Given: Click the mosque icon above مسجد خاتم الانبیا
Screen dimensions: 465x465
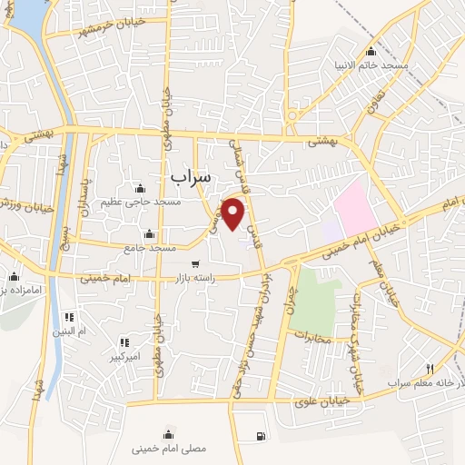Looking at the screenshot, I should [x=371, y=51].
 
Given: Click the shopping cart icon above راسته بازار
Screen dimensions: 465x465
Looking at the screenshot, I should [x=195, y=264].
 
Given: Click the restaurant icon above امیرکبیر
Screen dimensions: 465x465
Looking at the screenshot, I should [x=124, y=341].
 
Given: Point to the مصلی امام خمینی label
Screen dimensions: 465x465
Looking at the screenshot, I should [x=170, y=448].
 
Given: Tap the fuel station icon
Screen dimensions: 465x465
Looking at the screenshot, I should [x=262, y=436].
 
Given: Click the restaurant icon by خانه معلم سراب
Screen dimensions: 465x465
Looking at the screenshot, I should [x=430, y=371].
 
